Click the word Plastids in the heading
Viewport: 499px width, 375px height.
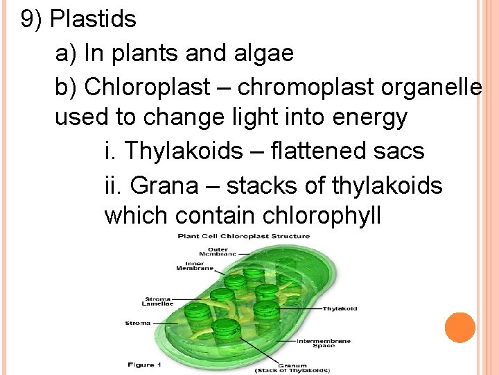[94, 19]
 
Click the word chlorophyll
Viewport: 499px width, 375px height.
[322, 216]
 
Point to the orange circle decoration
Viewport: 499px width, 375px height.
[460, 328]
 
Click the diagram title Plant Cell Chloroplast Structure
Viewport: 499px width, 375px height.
[244, 236]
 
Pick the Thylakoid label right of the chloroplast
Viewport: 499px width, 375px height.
[340, 308]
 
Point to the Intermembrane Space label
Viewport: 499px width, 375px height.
[323, 343]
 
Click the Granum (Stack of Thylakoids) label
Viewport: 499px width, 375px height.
[303, 367]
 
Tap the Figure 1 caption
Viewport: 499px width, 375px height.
[145, 364]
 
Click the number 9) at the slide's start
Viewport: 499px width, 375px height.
[32, 19]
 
